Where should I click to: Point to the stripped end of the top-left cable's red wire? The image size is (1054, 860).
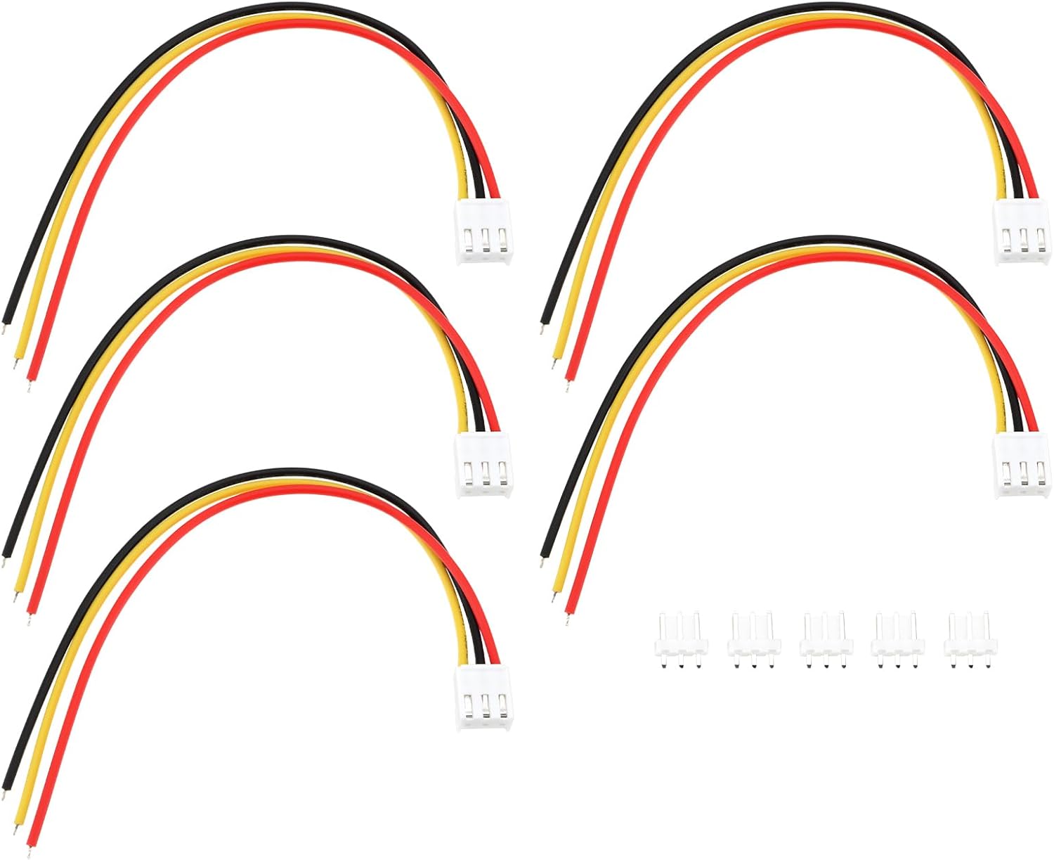(x=30, y=386)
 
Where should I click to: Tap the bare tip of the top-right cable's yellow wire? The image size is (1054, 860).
(x=554, y=364)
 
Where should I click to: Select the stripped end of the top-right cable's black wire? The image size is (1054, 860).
(x=543, y=328)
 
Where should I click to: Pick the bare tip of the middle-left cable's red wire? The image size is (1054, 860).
(x=30, y=620)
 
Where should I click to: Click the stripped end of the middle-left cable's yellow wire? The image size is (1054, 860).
(x=16, y=598)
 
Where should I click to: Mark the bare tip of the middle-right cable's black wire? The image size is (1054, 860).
(x=543, y=561)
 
